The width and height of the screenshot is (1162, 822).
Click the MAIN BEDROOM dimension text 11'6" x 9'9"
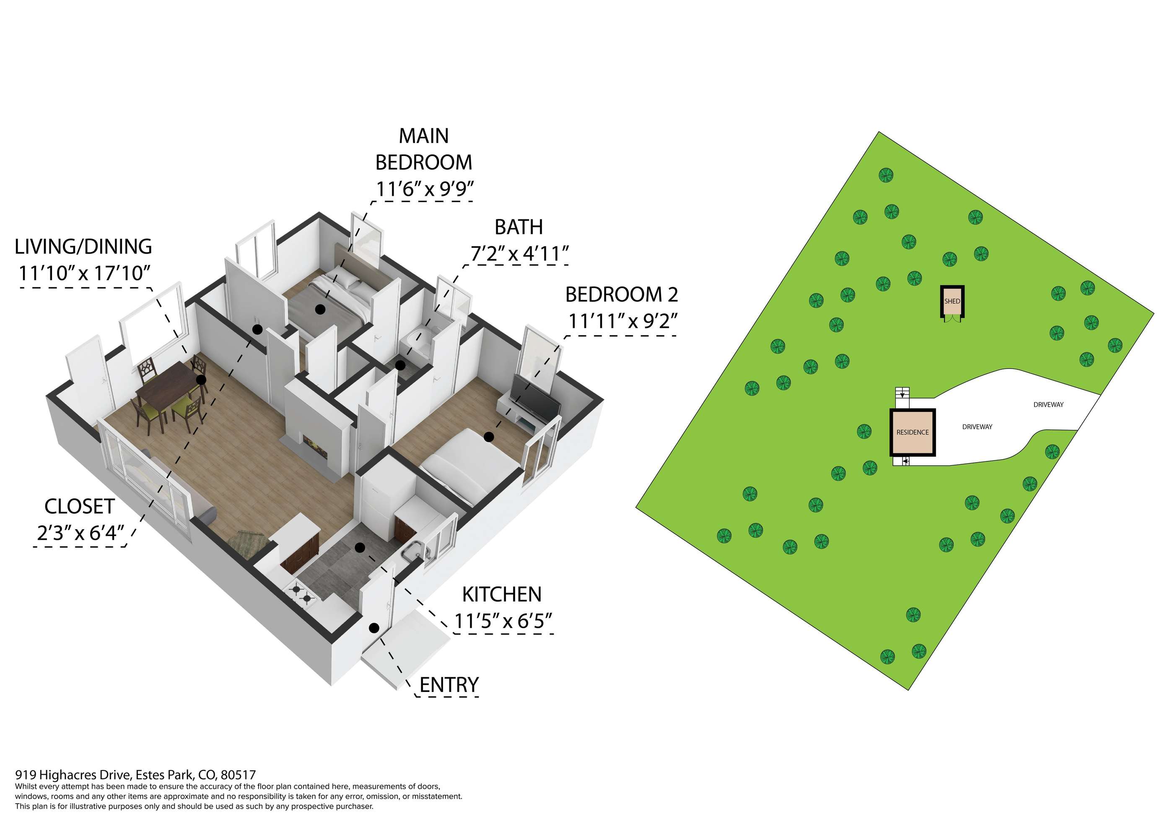coord(425,189)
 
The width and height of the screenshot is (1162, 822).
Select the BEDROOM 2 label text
coord(622,294)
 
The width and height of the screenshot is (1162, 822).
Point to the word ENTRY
coord(449,685)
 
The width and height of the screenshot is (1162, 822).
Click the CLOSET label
coord(80,507)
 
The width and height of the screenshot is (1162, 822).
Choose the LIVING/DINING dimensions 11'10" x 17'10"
coord(85,273)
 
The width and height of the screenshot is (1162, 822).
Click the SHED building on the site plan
coord(952,302)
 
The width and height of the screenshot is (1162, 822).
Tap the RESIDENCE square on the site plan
coord(913,432)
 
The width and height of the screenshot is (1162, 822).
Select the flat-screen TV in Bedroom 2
coord(535,398)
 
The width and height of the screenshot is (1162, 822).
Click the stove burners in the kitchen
coord(301,593)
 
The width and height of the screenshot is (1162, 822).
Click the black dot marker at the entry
coord(374,628)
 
